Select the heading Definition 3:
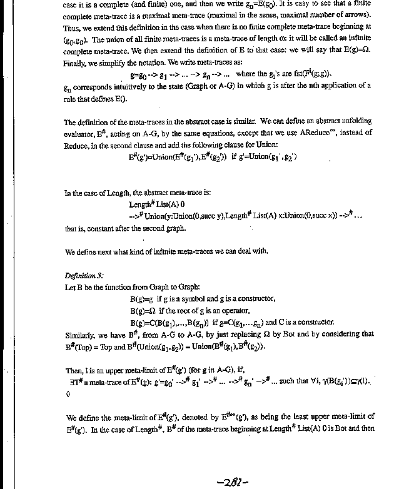pyautogui.click(x=84, y=275)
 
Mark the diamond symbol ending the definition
pyautogui.click(x=67, y=395)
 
